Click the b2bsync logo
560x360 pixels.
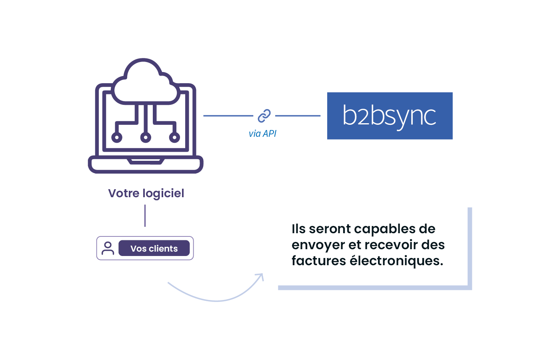(390, 116)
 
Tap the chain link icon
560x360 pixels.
(264, 116)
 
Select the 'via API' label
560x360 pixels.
(262, 134)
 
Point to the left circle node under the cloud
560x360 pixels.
(117, 137)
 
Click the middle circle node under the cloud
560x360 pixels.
(146, 137)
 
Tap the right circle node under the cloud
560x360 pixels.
(174, 137)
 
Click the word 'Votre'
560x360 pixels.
(124, 193)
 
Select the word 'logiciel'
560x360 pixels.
(164, 194)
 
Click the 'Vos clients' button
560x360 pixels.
(154, 248)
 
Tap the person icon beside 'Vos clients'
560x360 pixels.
(108, 248)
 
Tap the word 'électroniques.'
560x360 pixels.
(396, 261)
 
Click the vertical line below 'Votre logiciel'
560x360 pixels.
(145, 216)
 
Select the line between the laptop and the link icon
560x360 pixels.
(228, 116)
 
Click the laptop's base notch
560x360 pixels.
(146, 162)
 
